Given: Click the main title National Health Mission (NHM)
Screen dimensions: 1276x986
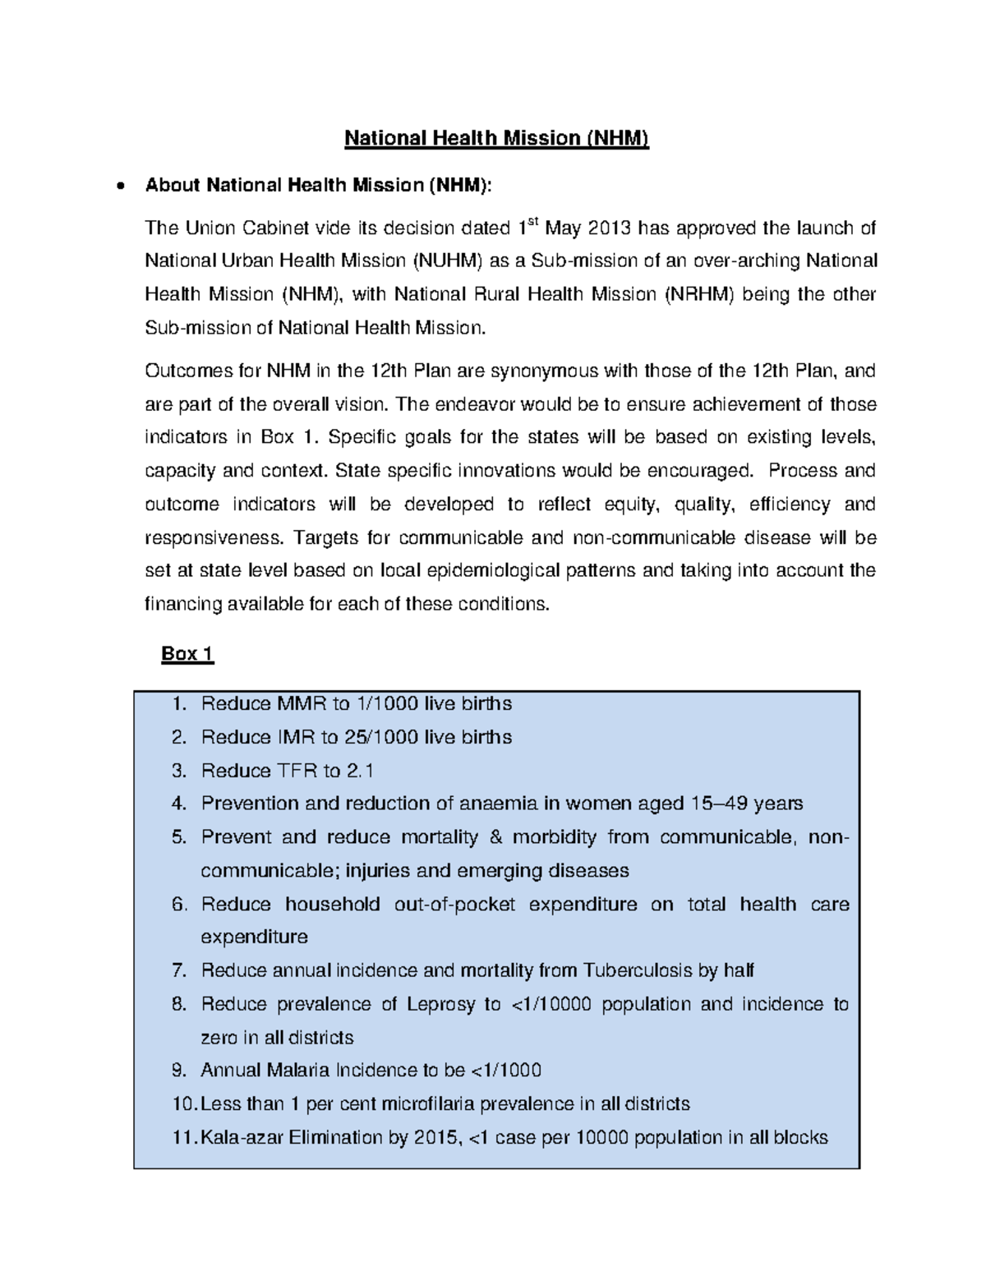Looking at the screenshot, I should (x=496, y=138).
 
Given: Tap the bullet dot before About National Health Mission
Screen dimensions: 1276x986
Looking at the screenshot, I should (x=121, y=187).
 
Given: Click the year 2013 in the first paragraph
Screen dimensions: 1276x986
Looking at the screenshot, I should (x=608, y=228).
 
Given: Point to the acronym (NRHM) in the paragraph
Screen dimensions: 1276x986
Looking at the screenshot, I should (x=698, y=294).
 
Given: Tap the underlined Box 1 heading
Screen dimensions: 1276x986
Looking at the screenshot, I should (x=187, y=654).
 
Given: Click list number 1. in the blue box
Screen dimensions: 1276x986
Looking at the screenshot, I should (x=180, y=704).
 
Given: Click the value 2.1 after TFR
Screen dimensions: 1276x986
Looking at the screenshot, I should (x=360, y=771).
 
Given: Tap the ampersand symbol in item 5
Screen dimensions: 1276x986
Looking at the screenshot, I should (x=495, y=837).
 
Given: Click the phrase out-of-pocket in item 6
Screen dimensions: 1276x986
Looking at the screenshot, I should (x=454, y=904).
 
